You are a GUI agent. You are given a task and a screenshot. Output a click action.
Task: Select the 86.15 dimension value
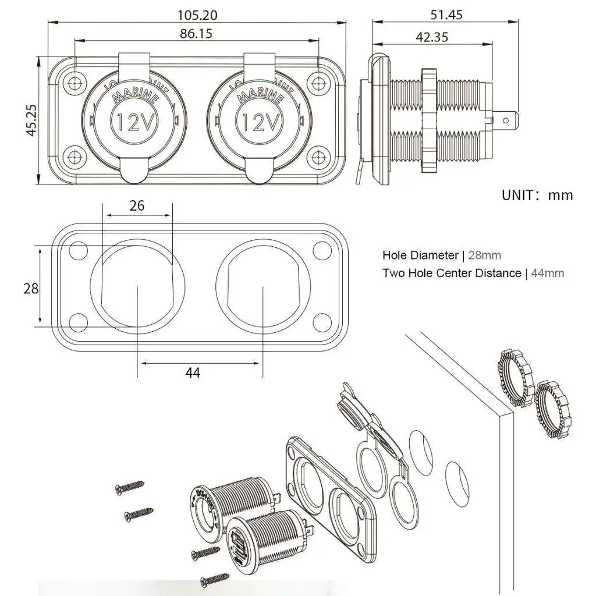coord(196,33)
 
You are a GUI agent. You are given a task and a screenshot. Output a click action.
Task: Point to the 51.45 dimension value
coord(447,15)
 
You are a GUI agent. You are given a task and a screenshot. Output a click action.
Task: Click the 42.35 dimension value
coord(432,37)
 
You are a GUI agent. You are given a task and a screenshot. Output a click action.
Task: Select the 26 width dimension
coord(137,205)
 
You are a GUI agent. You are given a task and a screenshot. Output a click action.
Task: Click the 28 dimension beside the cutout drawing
coord(31,288)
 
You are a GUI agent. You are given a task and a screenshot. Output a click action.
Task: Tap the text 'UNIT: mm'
coord(537,195)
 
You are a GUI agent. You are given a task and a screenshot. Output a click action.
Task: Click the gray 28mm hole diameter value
coord(484,255)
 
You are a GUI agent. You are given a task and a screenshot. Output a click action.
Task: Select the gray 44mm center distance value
coord(545,273)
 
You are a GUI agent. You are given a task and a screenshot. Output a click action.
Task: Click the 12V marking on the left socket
coord(134,122)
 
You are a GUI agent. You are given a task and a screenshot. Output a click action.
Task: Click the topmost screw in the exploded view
coord(129,487)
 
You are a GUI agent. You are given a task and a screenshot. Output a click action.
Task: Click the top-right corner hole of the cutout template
coord(321,250)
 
